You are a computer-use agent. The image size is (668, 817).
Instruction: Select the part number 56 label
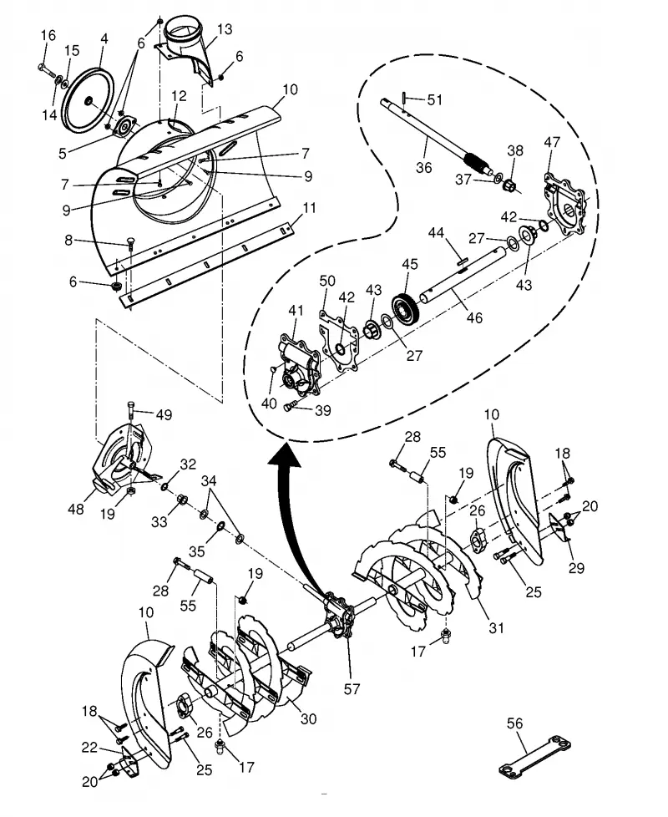point(514,723)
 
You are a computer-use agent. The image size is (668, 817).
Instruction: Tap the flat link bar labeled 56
point(534,757)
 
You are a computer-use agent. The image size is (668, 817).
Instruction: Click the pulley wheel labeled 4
point(88,101)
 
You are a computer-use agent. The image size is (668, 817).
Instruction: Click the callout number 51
point(435,99)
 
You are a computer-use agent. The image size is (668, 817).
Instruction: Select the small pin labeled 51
point(404,98)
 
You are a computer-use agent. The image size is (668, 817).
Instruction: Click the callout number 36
point(424,167)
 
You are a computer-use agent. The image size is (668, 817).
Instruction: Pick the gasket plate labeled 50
point(338,340)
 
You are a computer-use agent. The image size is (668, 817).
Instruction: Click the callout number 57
point(352,689)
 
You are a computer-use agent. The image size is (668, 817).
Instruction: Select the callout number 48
point(76,509)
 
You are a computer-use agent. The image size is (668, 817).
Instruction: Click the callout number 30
point(309,719)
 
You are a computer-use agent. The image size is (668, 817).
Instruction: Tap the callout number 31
point(497,628)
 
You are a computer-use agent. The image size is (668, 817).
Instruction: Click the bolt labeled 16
point(48,71)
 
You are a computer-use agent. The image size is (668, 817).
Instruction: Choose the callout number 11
point(309,208)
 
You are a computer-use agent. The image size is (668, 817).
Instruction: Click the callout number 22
point(89,748)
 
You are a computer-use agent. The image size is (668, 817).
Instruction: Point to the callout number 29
point(576,568)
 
